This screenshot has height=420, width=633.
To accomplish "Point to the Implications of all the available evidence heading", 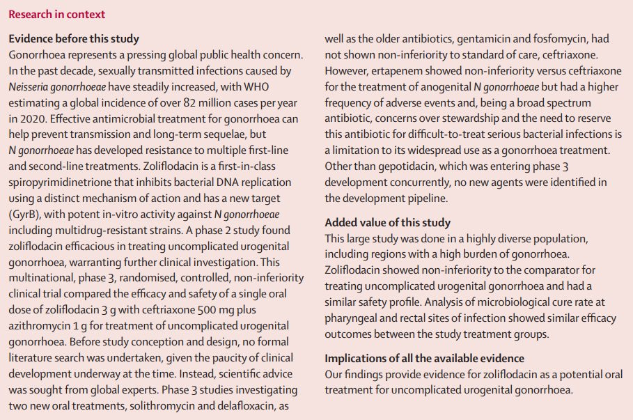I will pyautogui.click(x=424, y=358).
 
